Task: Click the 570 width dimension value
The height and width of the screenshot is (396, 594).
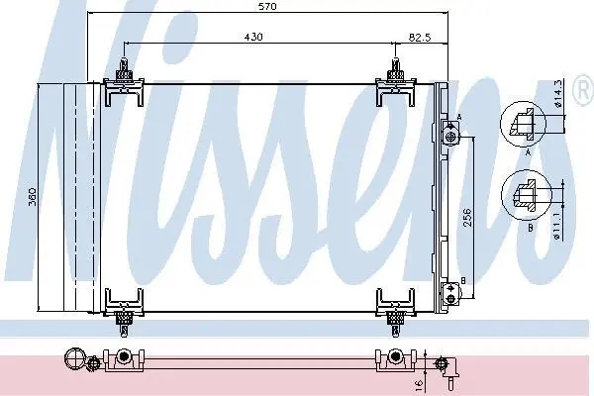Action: [x=267, y=7]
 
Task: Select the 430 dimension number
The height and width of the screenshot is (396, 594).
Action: [x=253, y=37]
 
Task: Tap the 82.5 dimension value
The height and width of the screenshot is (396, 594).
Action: [x=420, y=38]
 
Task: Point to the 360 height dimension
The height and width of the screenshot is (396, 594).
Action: [x=33, y=197]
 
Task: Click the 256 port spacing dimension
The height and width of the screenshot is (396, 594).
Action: [x=468, y=217]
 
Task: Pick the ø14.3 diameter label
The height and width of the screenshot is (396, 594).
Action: [x=558, y=94]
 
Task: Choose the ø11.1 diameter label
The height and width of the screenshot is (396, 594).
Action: [x=557, y=226]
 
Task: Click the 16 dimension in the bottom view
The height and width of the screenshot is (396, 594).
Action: [x=419, y=384]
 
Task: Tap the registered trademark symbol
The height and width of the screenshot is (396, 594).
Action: [x=583, y=90]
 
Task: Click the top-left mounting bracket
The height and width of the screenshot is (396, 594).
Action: [x=124, y=82]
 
